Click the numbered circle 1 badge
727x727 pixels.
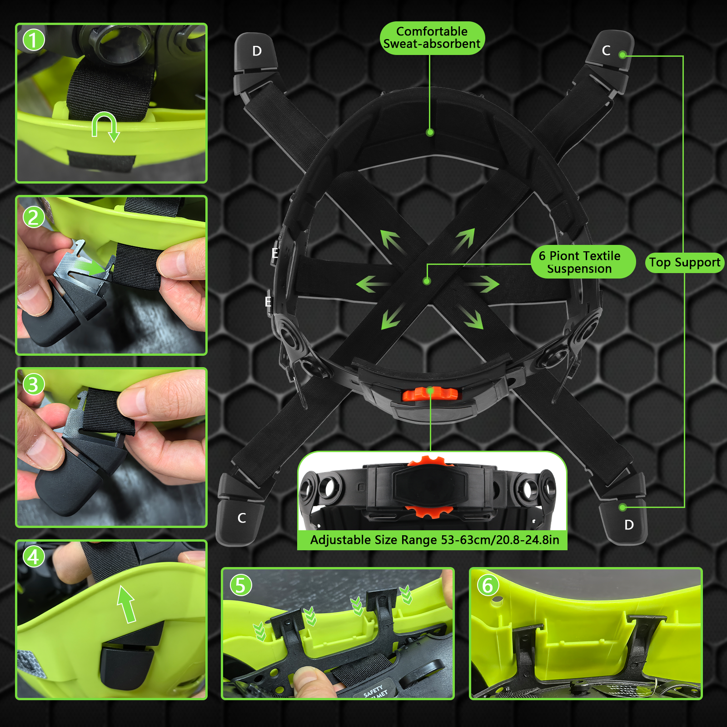click(34, 40)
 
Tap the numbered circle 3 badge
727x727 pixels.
click(34, 384)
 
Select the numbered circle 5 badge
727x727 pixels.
click(241, 585)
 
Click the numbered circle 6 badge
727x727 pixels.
click(488, 585)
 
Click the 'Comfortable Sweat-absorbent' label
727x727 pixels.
click(432, 38)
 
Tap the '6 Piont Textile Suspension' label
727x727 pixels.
click(580, 262)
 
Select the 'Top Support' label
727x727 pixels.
click(684, 263)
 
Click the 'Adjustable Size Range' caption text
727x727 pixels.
click(434, 540)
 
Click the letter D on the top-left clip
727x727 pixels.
click(257, 51)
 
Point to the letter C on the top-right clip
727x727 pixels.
click(606, 50)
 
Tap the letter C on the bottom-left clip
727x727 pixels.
click(242, 518)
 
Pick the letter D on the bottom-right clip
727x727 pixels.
click(629, 525)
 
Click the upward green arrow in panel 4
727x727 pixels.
click(127, 603)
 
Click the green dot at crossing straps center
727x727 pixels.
click(427, 281)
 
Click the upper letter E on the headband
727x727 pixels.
click(274, 253)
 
